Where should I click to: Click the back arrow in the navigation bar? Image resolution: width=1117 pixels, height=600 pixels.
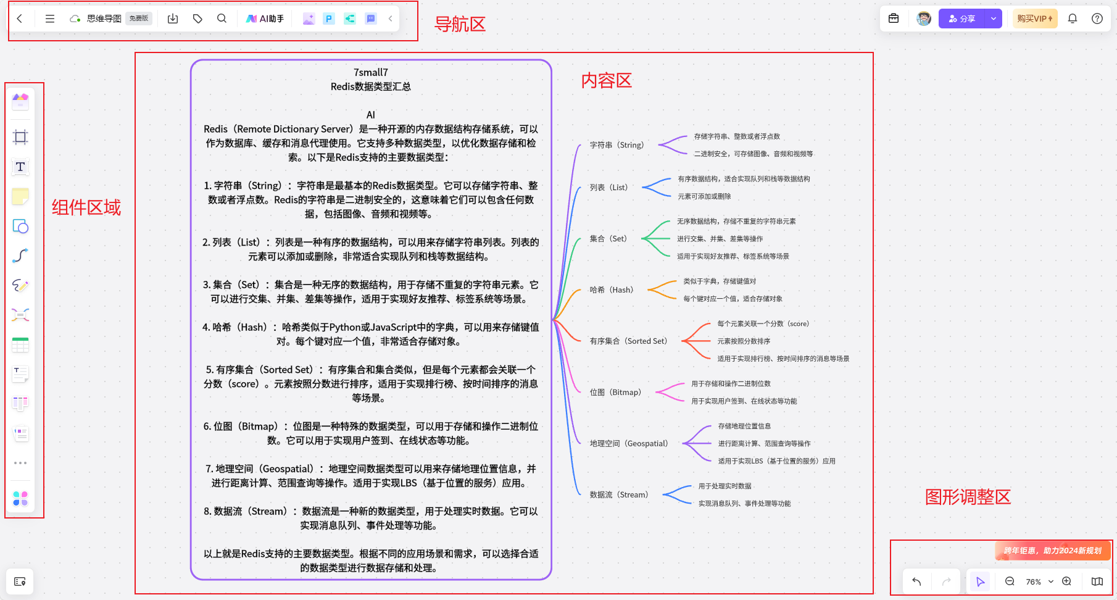(20, 19)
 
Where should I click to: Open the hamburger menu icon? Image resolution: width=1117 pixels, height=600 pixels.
(50, 19)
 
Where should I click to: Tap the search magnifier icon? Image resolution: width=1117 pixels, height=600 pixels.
(222, 19)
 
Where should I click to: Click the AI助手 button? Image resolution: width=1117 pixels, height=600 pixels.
(265, 19)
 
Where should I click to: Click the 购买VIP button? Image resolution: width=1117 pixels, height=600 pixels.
(1035, 19)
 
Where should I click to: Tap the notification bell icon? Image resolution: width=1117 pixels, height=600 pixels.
(1073, 19)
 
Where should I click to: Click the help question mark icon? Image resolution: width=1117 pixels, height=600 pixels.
(1097, 19)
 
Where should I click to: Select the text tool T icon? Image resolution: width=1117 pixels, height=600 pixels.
(20, 167)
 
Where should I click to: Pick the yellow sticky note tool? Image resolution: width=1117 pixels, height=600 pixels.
(20, 196)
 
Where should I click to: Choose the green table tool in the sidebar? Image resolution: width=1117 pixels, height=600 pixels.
(20, 344)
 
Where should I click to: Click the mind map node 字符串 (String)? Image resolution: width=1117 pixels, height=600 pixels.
(617, 145)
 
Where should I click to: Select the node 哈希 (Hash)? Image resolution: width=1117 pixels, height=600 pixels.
(611, 290)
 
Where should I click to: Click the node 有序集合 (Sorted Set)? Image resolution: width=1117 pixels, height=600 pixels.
(628, 341)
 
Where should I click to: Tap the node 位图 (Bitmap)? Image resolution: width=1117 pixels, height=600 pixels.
(615, 392)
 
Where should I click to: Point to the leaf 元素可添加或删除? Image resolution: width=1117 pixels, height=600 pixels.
(704, 196)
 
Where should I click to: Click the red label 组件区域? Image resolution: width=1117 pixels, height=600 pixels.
(86, 207)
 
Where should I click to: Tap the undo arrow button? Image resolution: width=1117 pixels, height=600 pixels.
(916, 581)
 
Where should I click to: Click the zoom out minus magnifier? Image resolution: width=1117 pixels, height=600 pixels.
(1010, 581)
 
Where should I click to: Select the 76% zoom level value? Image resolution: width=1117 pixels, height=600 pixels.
(1034, 582)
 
